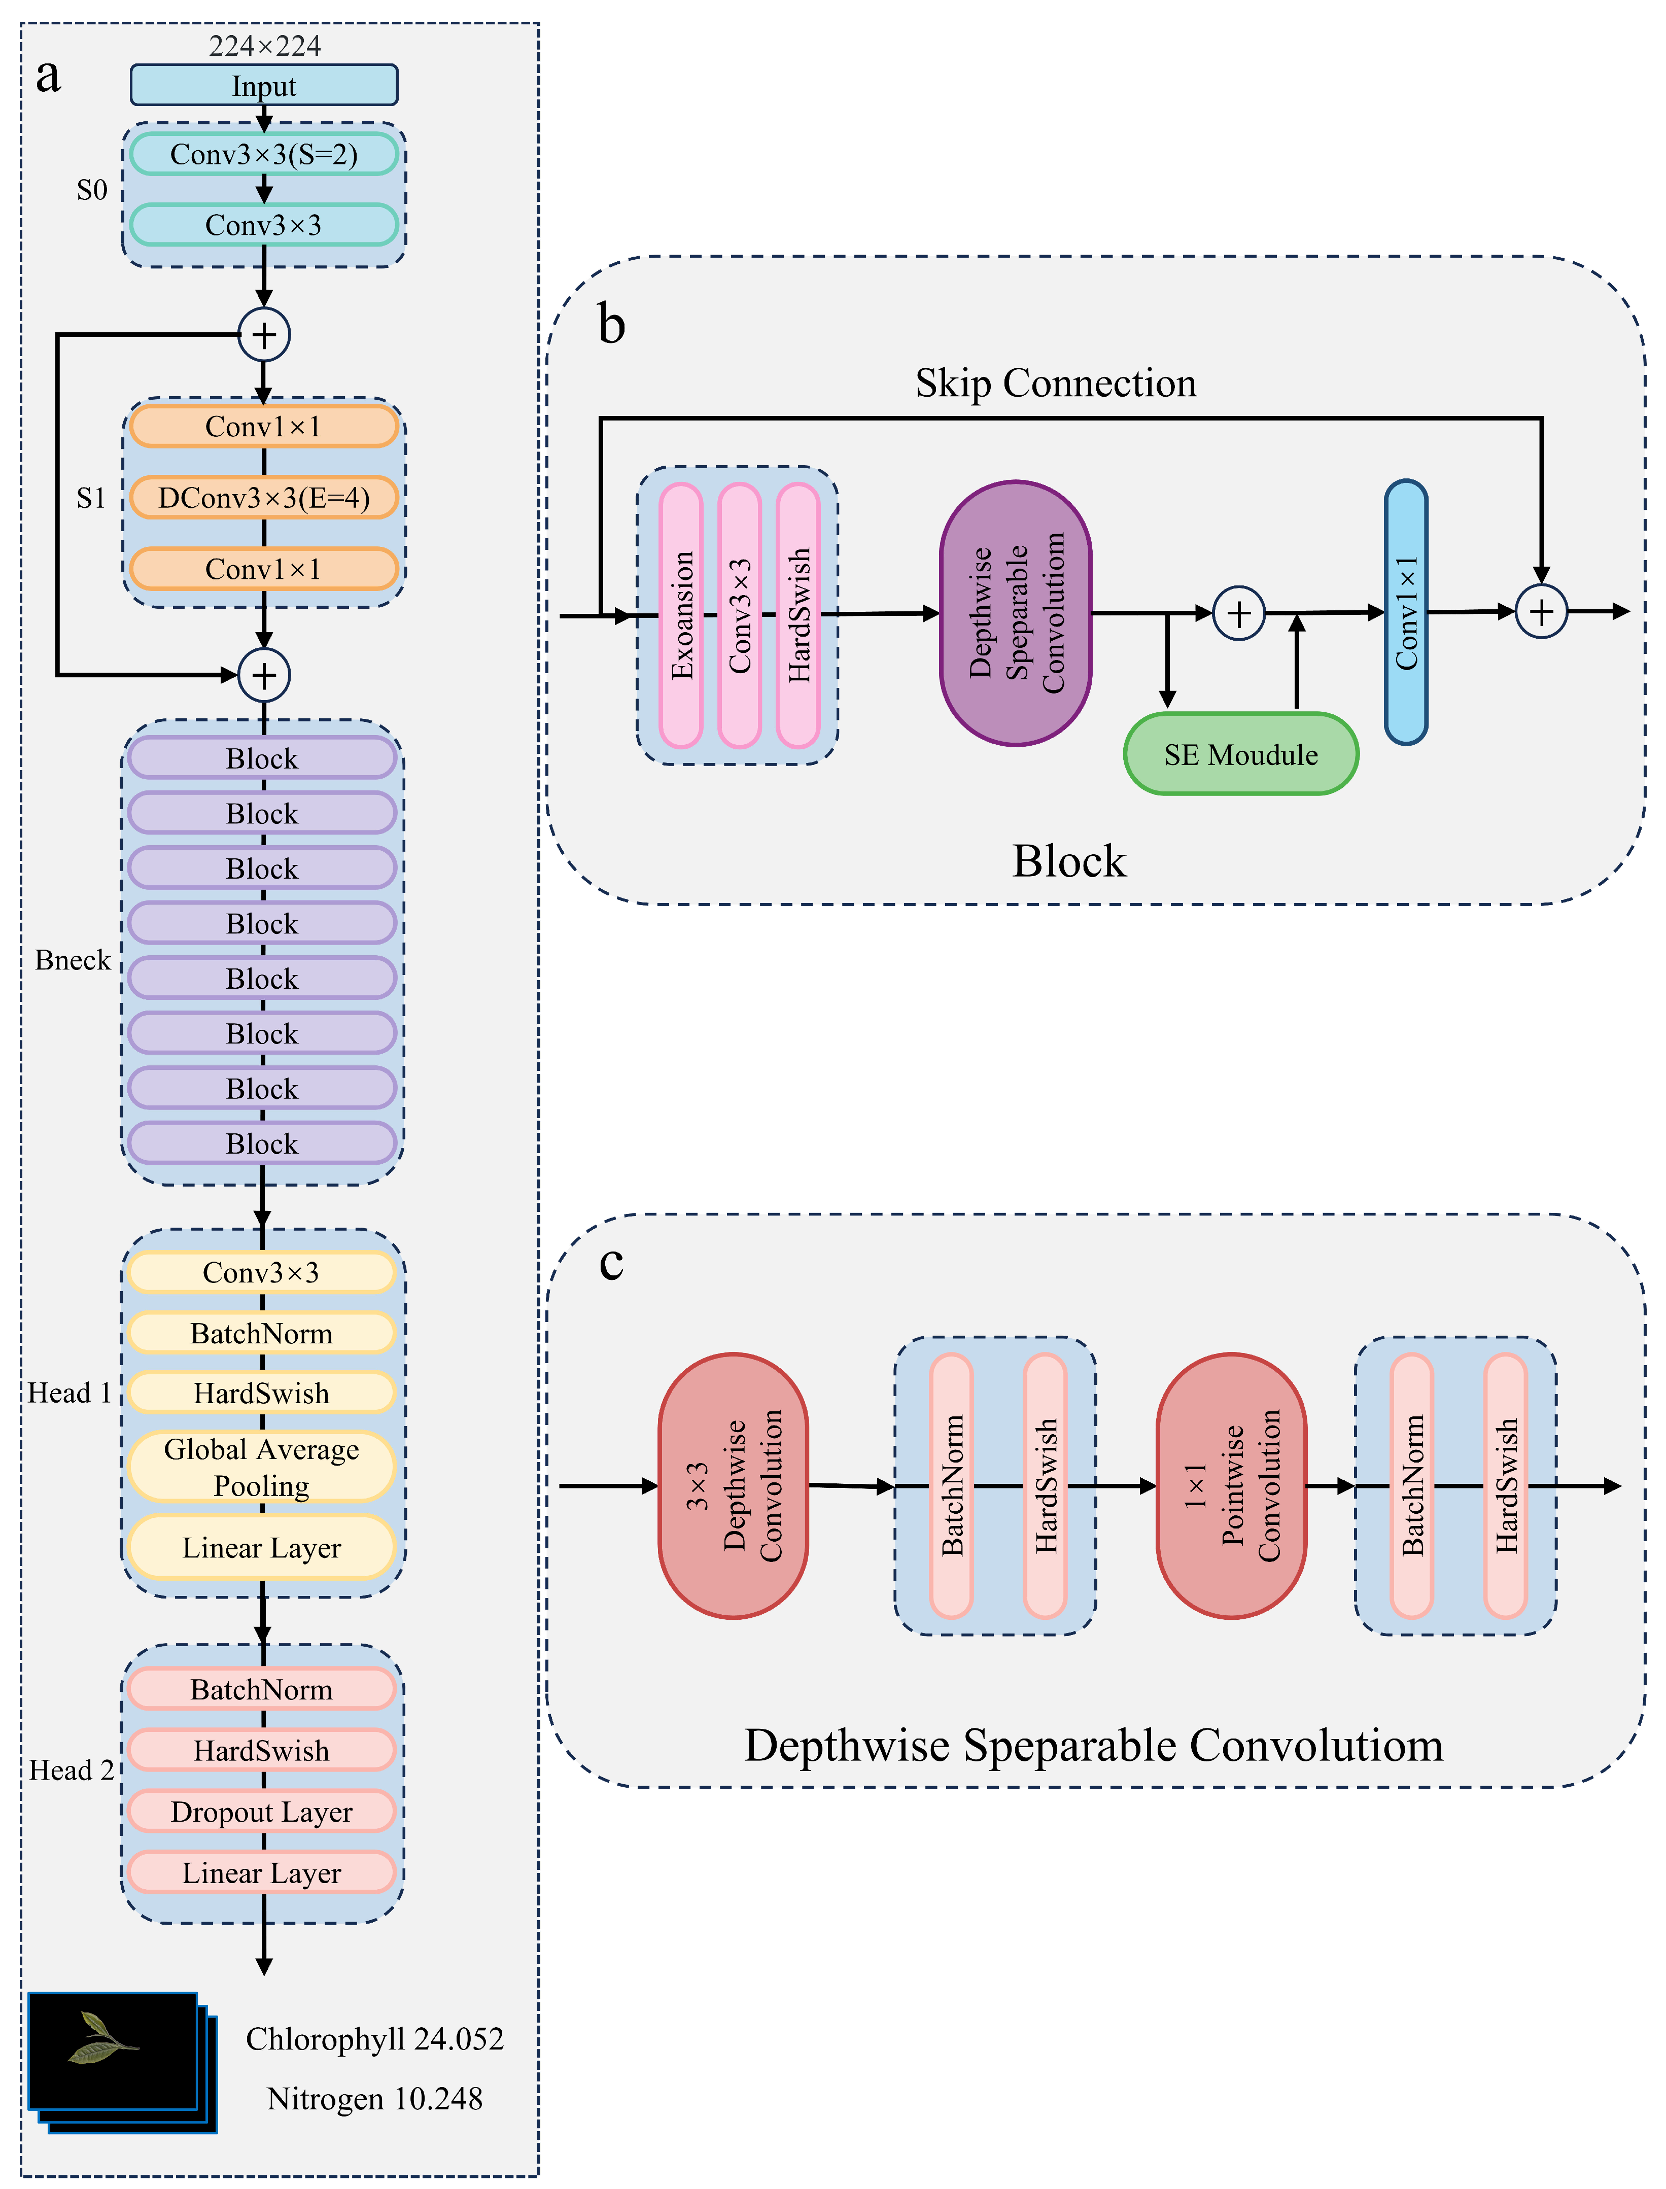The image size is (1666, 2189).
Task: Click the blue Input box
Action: pos(264,85)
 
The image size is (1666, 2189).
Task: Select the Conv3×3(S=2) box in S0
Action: pos(264,155)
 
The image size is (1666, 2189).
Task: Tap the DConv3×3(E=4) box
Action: pos(264,498)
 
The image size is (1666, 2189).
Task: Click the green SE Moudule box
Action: pos(1240,754)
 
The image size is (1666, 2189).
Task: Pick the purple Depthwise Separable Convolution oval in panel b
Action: pos(1016,614)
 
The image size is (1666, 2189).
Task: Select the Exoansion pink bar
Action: pos(681,615)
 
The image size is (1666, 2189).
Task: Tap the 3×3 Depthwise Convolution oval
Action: pos(734,1485)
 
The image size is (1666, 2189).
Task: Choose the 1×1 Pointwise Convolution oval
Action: pos(1232,1485)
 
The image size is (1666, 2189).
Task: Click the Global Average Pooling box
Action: pos(262,1467)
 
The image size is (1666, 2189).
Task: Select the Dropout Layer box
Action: pos(262,1811)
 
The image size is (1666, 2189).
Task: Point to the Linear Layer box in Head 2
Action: pos(262,1873)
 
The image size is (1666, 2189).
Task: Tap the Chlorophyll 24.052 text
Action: pos(375,2038)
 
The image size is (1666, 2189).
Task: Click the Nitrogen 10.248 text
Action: pos(375,2099)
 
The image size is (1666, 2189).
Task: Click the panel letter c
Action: pos(612,1262)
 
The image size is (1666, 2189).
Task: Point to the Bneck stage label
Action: pos(73,960)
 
